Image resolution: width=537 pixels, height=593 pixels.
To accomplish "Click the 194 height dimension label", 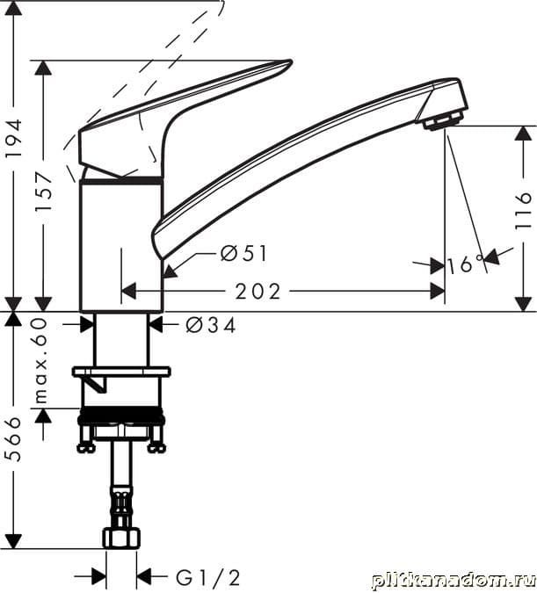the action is point(14,139).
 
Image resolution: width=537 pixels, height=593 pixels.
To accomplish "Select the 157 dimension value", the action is point(44,192).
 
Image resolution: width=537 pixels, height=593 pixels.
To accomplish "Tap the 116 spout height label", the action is point(523,210).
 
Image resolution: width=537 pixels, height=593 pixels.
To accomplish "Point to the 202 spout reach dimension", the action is point(258,292).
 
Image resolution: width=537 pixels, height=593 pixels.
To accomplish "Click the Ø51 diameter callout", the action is point(244,253).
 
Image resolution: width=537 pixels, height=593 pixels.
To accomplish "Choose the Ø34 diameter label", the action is point(211,325).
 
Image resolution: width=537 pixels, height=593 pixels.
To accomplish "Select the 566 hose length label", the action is point(14,438).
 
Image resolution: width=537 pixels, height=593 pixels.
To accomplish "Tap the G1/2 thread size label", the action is point(207,578).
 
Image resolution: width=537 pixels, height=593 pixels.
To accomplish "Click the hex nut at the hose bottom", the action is point(121,539).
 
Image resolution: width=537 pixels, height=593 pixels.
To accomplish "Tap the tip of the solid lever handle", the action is point(291,61).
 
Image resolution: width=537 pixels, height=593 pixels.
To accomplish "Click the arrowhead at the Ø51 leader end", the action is point(170,271).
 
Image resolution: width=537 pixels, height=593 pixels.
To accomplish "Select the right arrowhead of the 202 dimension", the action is point(438,292).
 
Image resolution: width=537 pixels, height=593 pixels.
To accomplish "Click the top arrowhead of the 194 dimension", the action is point(14,8).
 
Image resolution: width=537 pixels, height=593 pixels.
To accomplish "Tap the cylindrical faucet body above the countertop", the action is point(121,245).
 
